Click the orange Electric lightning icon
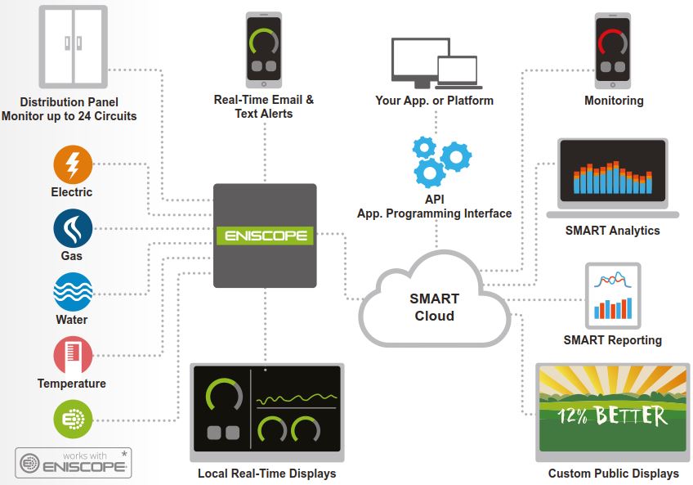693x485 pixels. click(x=73, y=165)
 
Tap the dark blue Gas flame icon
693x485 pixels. click(x=73, y=229)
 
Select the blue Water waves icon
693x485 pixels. click(x=73, y=293)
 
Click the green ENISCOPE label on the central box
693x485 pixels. click(x=265, y=236)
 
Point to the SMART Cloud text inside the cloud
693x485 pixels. click(x=434, y=308)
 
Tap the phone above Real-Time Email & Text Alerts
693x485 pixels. click(x=263, y=49)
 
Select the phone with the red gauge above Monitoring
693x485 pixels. click(x=613, y=49)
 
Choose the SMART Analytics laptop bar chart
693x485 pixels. click(x=613, y=175)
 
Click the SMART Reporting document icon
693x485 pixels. click(x=613, y=295)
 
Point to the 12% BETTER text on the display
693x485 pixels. click(x=612, y=415)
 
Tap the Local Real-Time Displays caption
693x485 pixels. click(x=266, y=474)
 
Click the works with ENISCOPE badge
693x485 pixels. click(x=74, y=462)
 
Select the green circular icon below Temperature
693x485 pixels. click(x=73, y=420)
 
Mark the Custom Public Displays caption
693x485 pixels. click(x=613, y=474)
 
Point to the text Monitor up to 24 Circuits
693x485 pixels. click(x=69, y=116)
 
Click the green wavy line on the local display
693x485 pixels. click(x=297, y=399)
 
